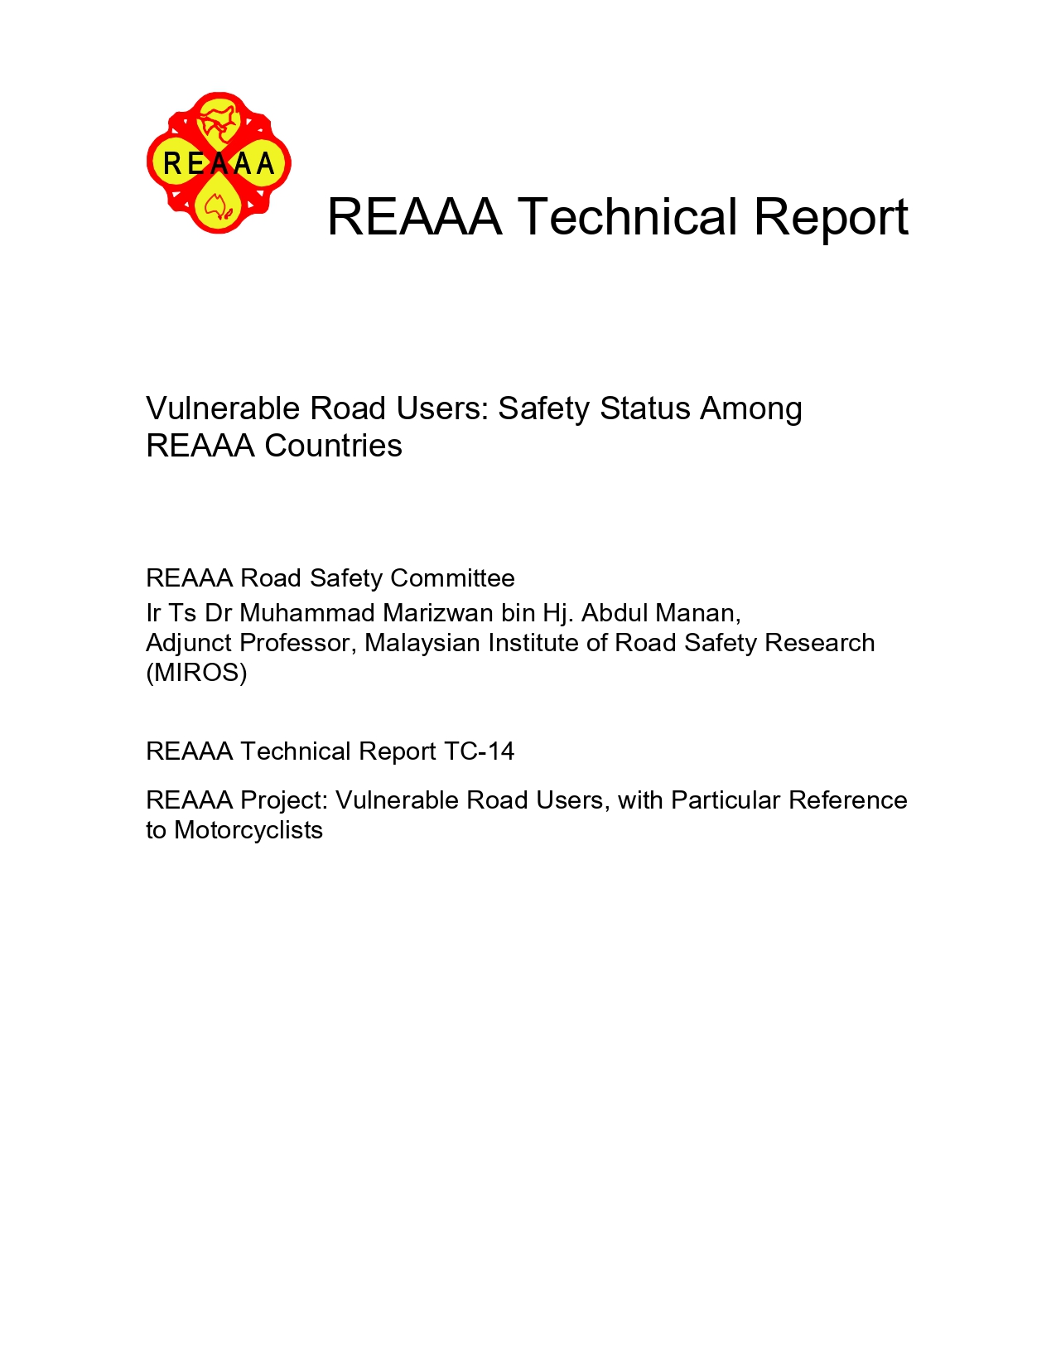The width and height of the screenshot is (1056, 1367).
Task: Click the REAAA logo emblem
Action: (219, 162)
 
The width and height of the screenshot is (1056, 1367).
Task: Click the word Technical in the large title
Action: (627, 217)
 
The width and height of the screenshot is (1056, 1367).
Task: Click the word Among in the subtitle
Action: (750, 408)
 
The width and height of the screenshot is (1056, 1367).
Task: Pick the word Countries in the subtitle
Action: (333, 446)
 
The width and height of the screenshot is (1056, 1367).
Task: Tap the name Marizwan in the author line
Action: (437, 612)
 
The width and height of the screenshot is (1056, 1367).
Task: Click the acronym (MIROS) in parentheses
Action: (196, 673)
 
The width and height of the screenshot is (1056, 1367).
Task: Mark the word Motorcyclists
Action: (248, 830)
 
